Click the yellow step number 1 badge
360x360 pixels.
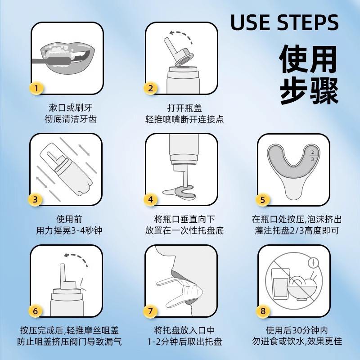click(x=36, y=88)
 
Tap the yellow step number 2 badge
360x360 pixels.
click(x=150, y=88)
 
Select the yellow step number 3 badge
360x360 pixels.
click(x=35, y=199)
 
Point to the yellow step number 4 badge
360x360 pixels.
click(x=150, y=199)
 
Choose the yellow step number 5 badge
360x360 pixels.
click(x=262, y=199)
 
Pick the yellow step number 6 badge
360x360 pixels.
click(x=35, y=311)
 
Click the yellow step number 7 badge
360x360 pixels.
click(x=150, y=311)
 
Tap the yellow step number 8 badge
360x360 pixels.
click(x=263, y=311)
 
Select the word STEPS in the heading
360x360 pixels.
click(x=308, y=22)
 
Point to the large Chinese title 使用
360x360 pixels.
click(x=308, y=59)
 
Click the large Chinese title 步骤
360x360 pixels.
click(x=309, y=91)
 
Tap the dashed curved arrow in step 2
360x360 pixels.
click(x=180, y=35)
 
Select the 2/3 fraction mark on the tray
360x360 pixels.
click(x=312, y=156)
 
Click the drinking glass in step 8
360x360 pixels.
click(x=279, y=284)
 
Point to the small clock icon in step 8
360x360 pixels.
click(x=313, y=262)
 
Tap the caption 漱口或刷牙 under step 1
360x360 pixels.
click(x=71, y=108)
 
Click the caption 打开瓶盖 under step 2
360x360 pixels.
click(x=184, y=108)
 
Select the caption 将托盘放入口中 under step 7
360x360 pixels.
click(x=184, y=330)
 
